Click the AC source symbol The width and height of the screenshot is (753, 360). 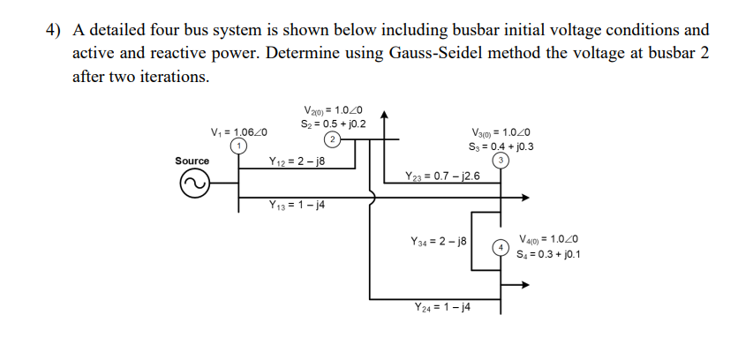(194, 183)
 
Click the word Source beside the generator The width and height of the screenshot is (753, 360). (192, 161)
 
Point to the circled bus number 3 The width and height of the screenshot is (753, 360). (501, 161)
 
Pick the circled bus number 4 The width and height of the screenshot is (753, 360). (500, 247)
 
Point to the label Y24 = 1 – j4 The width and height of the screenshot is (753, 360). (442, 307)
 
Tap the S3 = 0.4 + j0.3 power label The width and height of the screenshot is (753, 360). (501, 146)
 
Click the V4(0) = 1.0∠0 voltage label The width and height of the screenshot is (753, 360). (549, 239)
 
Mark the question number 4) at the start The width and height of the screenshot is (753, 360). (55, 30)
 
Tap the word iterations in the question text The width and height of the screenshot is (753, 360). (173, 76)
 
